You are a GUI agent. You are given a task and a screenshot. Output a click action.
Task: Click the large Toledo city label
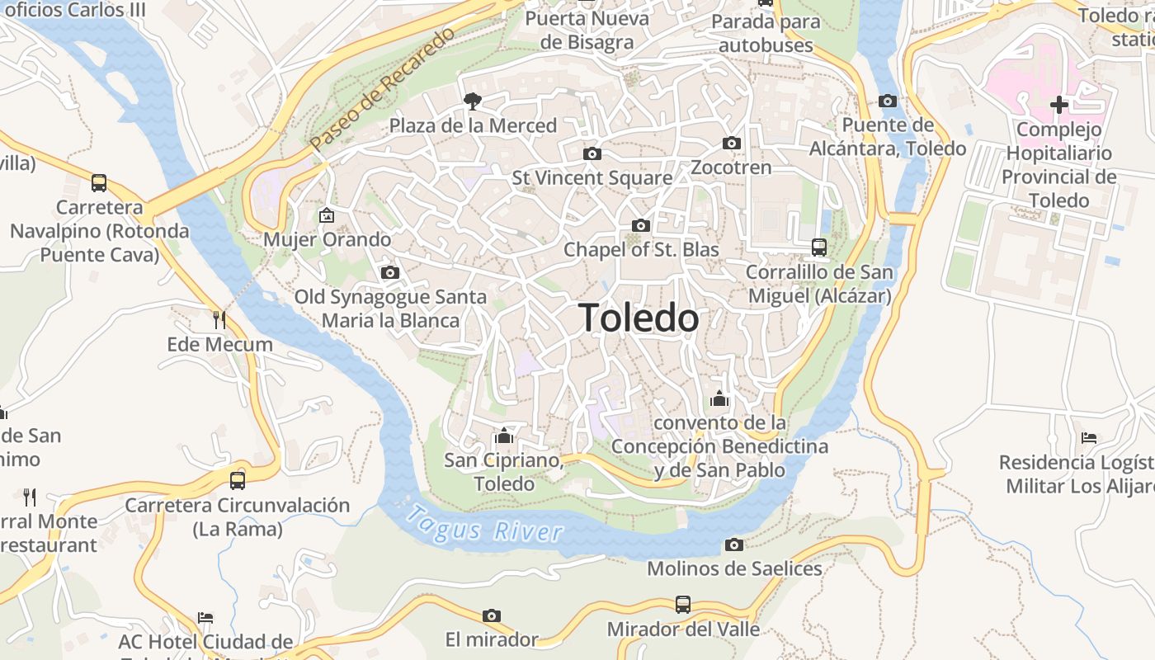click(639, 318)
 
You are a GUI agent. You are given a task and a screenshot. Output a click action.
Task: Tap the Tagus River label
click(485, 526)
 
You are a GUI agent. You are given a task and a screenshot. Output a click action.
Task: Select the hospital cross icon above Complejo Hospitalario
click(1059, 105)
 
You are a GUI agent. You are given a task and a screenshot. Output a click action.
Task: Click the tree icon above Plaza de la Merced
click(473, 101)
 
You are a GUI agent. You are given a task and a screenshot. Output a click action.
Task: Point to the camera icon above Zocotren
click(731, 144)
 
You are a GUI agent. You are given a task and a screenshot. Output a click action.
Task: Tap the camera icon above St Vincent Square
click(592, 153)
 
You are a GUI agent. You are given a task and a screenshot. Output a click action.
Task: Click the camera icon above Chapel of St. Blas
click(640, 225)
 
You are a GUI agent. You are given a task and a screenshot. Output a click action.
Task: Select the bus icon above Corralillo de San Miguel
click(818, 247)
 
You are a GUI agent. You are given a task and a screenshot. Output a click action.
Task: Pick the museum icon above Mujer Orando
click(327, 216)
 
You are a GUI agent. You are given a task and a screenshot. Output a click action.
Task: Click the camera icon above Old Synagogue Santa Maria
click(389, 272)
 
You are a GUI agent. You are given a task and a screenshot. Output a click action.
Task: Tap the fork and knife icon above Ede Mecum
click(219, 319)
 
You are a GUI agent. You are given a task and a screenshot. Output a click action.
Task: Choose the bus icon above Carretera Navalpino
click(99, 183)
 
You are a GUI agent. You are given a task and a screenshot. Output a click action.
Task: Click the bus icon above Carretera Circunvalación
click(238, 480)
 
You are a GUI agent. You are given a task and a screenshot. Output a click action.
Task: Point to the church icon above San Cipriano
click(503, 436)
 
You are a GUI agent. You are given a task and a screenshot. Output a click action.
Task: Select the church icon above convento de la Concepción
click(719, 398)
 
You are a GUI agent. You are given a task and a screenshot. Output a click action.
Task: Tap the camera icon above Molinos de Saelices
click(733, 544)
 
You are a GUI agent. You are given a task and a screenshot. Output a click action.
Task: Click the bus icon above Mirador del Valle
click(682, 604)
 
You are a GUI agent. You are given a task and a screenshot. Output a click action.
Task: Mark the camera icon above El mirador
click(492, 615)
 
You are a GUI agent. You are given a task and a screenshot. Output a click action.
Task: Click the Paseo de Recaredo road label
click(383, 90)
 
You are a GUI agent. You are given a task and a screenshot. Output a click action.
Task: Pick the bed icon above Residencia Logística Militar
click(1089, 438)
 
